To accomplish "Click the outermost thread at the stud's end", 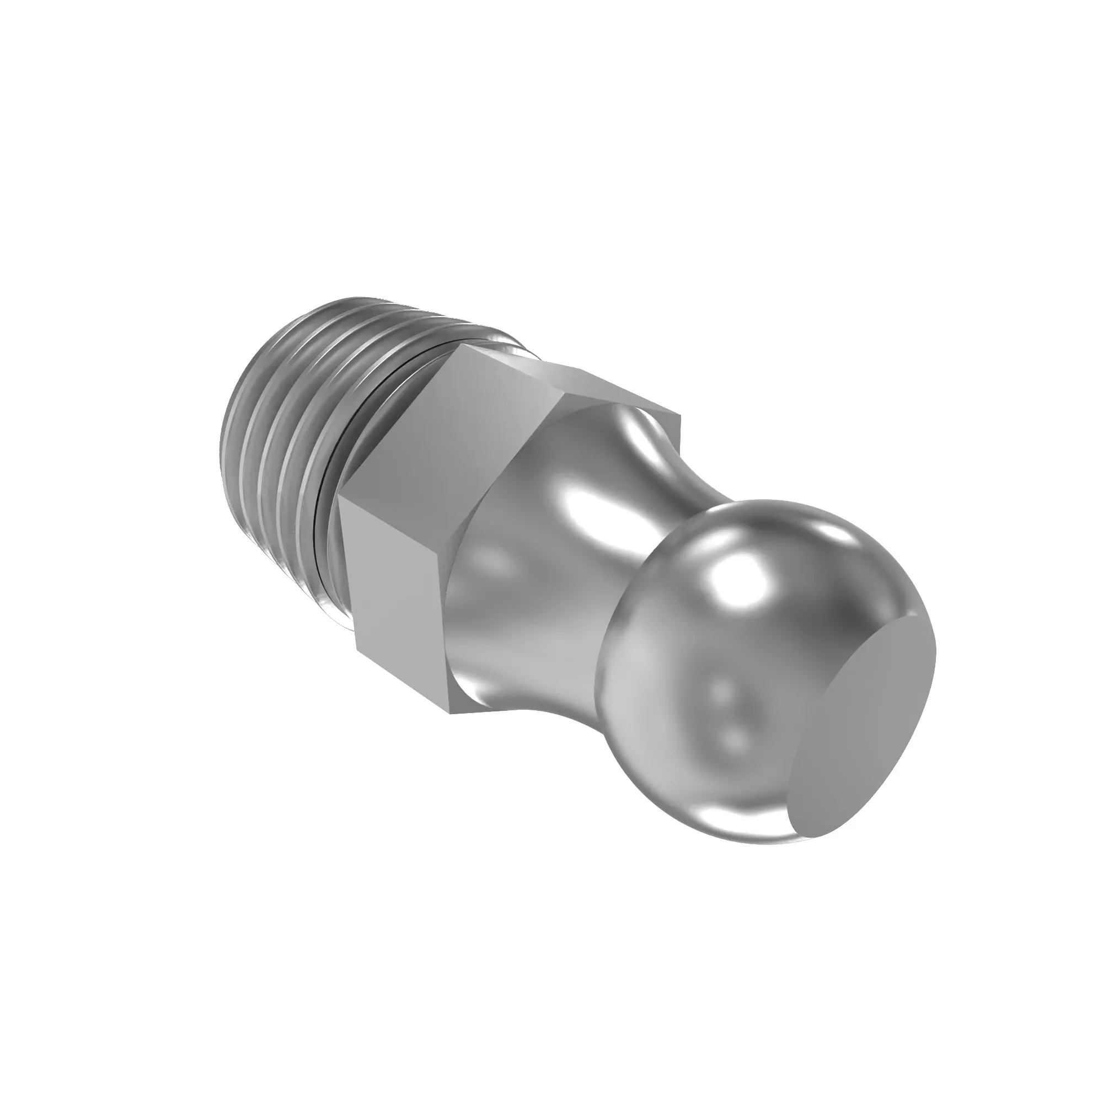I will point(240,400).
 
